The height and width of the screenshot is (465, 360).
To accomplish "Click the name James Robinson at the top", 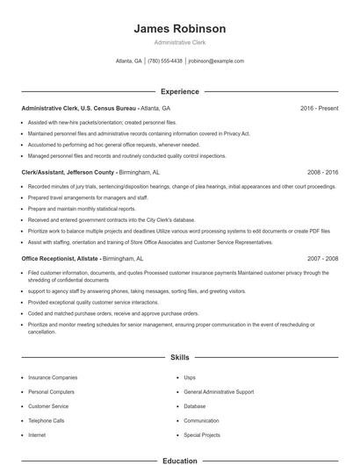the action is coord(179,29).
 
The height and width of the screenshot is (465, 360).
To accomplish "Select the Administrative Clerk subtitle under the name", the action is coord(179,43).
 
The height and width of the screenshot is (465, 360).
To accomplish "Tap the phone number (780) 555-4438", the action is coord(165,61).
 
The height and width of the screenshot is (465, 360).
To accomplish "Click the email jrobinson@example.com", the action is coord(216,61).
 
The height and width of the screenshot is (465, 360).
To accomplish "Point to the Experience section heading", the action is coord(179,91).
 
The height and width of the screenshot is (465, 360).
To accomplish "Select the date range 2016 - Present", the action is coord(319,108).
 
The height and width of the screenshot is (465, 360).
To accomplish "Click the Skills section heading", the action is coord(179,358).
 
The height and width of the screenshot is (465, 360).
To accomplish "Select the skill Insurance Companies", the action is coord(53,377).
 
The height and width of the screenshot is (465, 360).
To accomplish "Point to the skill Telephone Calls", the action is coord(47,420).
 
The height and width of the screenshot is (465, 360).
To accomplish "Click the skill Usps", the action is coord(190,377).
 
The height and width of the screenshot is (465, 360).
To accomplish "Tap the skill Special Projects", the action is coord(202,434).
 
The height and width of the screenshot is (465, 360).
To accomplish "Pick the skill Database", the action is coord(195,406).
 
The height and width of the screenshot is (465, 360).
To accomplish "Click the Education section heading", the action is coord(179,460).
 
